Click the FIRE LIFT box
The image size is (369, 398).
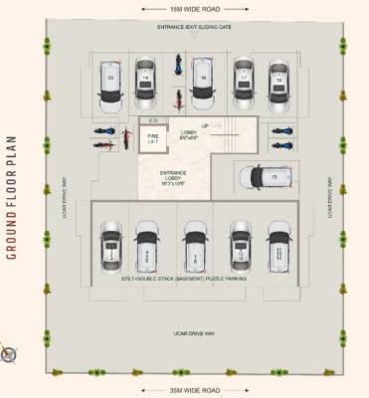[x=154, y=140]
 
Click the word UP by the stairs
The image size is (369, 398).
[x=205, y=126]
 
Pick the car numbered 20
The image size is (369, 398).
[x=109, y=83]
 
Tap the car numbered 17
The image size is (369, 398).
[x=243, y=80]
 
